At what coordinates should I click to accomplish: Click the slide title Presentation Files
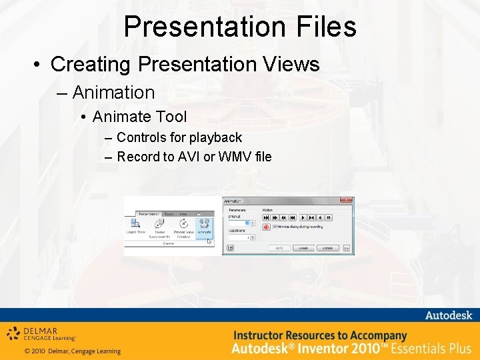tap(240, 27)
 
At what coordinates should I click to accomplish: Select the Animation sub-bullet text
tap(113, 92)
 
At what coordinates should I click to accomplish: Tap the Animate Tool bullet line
tap(139, 117)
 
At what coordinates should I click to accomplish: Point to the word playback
tap(215, 137)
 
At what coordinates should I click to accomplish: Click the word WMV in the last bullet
tap(233, 157)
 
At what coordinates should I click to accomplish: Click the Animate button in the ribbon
tap(204, 227)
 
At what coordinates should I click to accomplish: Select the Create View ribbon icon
tap(136, 227)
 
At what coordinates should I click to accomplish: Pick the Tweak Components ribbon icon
tap(159, 227)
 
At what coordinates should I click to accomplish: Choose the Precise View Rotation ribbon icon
tap(182, 227)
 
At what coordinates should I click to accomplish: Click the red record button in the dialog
tap(266, 227)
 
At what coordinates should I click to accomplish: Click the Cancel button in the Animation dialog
tap(327, 248)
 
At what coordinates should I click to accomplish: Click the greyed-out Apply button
tap(279, 248)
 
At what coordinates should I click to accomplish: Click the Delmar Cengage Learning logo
tap(41, 333)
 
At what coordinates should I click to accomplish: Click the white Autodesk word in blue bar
tap(447, 315)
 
